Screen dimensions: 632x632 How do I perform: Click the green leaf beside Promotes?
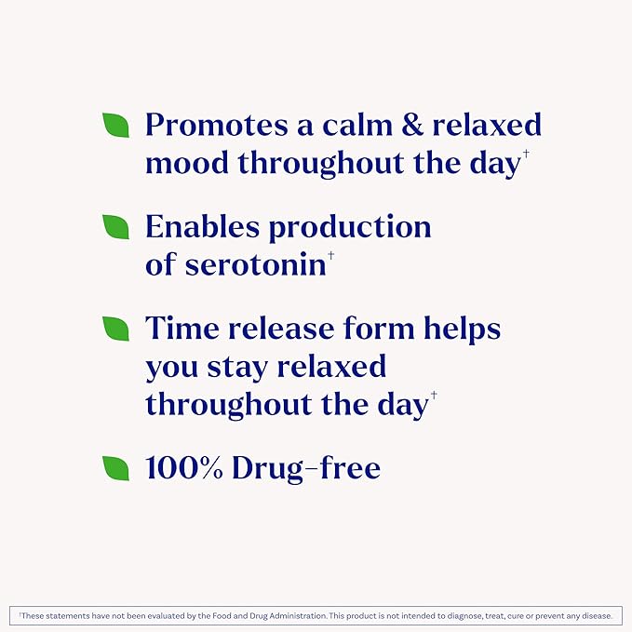pos(115,125)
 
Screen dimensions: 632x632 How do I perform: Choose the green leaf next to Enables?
pos(115,227)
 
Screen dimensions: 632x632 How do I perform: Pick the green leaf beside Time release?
pos(115,329)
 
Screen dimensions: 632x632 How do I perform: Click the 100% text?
pos(184,468)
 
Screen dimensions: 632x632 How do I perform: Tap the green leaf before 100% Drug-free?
pos(115,468)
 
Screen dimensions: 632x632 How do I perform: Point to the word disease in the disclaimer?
pos(596,615)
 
